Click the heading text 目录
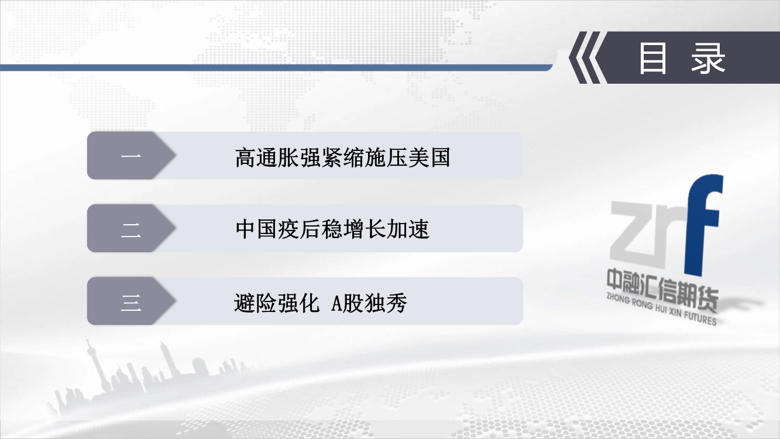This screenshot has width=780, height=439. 682,58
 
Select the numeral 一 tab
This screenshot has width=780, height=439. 131,155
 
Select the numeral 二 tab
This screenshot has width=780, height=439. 131,228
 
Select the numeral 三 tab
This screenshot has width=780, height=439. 131,301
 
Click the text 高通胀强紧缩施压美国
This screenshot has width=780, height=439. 343,157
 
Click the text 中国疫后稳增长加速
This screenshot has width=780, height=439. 332,229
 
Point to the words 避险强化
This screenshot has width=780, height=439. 277,303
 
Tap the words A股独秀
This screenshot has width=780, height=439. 369,303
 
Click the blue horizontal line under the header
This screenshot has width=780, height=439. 276,67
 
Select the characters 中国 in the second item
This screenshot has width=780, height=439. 257,229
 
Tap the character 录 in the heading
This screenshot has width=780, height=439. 708,58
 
